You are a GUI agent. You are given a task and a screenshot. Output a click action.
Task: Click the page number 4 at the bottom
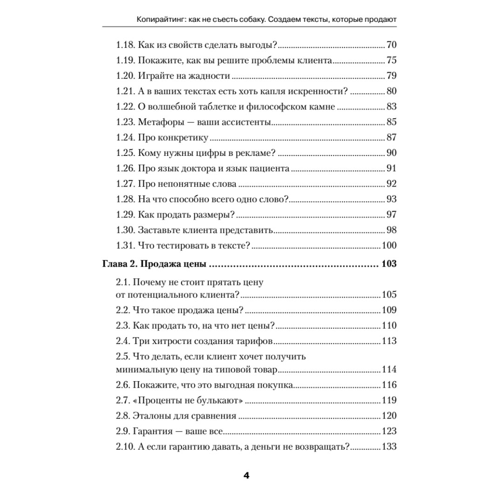247,475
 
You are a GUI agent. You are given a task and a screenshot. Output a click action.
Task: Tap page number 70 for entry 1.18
391,45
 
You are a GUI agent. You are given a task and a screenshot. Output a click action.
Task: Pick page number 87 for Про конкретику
391,137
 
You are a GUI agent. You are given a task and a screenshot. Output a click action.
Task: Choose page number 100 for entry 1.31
389,245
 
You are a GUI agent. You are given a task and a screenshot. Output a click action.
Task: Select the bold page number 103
388,264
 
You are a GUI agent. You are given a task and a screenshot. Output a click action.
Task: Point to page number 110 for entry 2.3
389,325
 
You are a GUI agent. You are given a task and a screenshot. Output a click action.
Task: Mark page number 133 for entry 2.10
389,446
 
